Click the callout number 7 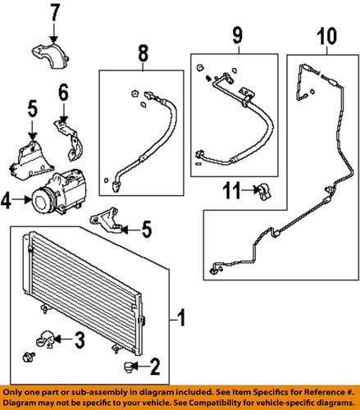[55, 12]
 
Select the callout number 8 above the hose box [143, 53]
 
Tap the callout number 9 [237, 35]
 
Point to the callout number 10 [326, 36]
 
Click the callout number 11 [232, 190]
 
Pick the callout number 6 [63, 92]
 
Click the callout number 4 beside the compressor [6, 201]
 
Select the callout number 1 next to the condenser [182, 317]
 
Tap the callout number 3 [80, 339]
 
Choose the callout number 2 [155, 367]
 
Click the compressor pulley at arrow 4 [43, 201]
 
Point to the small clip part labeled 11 [263, 191]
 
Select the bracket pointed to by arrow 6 [69, 138]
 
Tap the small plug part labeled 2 [128, 367]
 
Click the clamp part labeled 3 [44, 339]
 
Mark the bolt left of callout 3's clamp [29, 356]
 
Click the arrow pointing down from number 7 [54, 32]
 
